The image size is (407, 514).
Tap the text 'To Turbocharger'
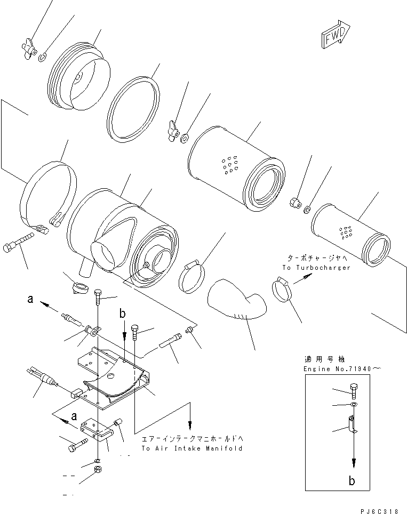tap(317, 268)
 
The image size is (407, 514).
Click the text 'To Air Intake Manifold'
tap(191, 448)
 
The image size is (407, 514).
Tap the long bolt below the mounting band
tap(21, 243)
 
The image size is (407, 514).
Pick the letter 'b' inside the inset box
tap(352, 480)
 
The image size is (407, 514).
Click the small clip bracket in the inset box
tap(352, 424)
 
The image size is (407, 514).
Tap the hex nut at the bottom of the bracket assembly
tap(98, 470)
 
